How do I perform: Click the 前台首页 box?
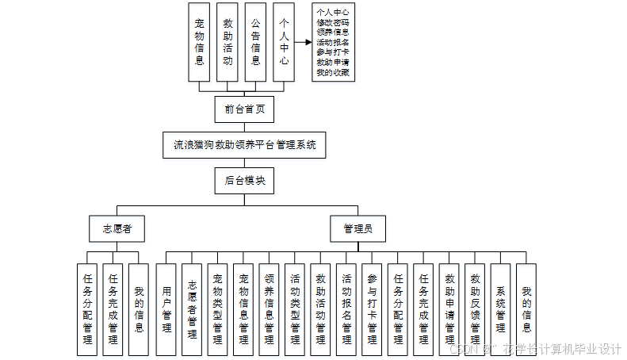[x=244, y=109]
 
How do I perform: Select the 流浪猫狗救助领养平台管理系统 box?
[x=244, y=145]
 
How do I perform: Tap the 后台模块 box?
[x=244, y=181]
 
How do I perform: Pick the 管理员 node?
[x=357, y=229]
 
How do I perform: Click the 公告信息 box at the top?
[x=255, y=42]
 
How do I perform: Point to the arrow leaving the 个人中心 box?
[x=302, y=42]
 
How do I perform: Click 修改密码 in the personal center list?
[x=333, y=22]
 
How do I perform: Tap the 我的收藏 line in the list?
[x=333, y=72]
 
